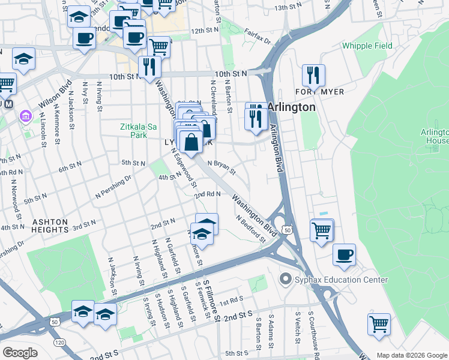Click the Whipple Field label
[367, 46]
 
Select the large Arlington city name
[291, 107]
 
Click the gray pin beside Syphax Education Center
[285, 280]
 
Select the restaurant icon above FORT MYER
[313, 75]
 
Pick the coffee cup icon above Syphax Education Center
[345, 254]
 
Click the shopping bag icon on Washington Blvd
[191, 142]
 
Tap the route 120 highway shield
[59, 342]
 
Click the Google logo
[20, 353]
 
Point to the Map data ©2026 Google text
[412, 355]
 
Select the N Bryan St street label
[221, 166]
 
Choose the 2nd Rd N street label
[208, 194]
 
